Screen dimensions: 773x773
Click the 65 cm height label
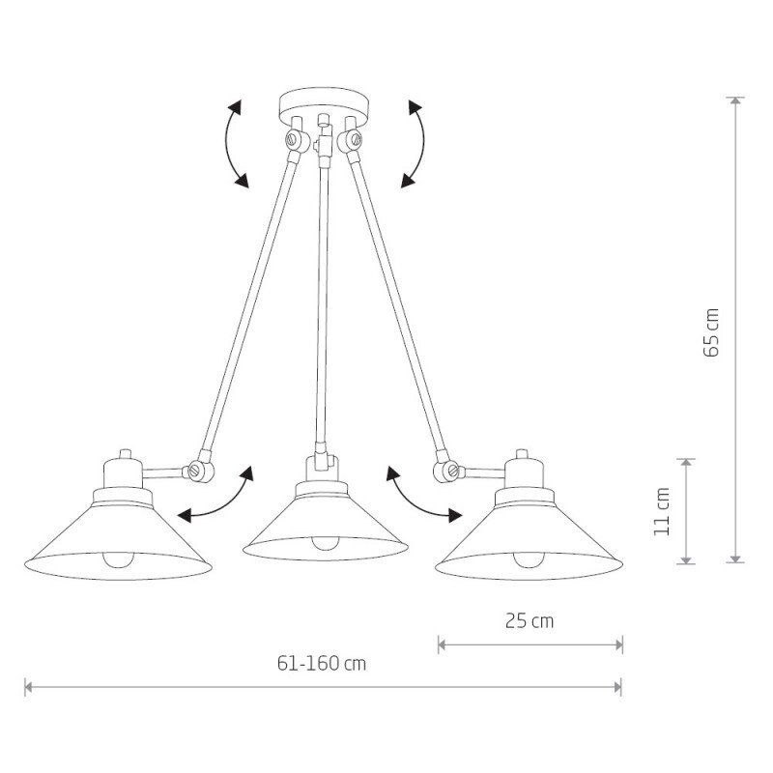click(x=711, y=332)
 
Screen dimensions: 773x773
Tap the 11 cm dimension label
click(x=662, y=511)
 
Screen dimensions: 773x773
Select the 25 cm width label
click(x=530, y=620)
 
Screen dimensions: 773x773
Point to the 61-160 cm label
click(x=322, y=664)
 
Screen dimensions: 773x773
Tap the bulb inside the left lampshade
click(x=118, y=560)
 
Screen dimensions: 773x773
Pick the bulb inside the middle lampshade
click(x=324, y=543)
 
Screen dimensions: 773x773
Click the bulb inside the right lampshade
click(x=529, y=560)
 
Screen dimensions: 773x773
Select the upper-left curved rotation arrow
click(x=227, y=143)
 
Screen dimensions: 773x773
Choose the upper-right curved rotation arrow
click(x=422, y=143)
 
